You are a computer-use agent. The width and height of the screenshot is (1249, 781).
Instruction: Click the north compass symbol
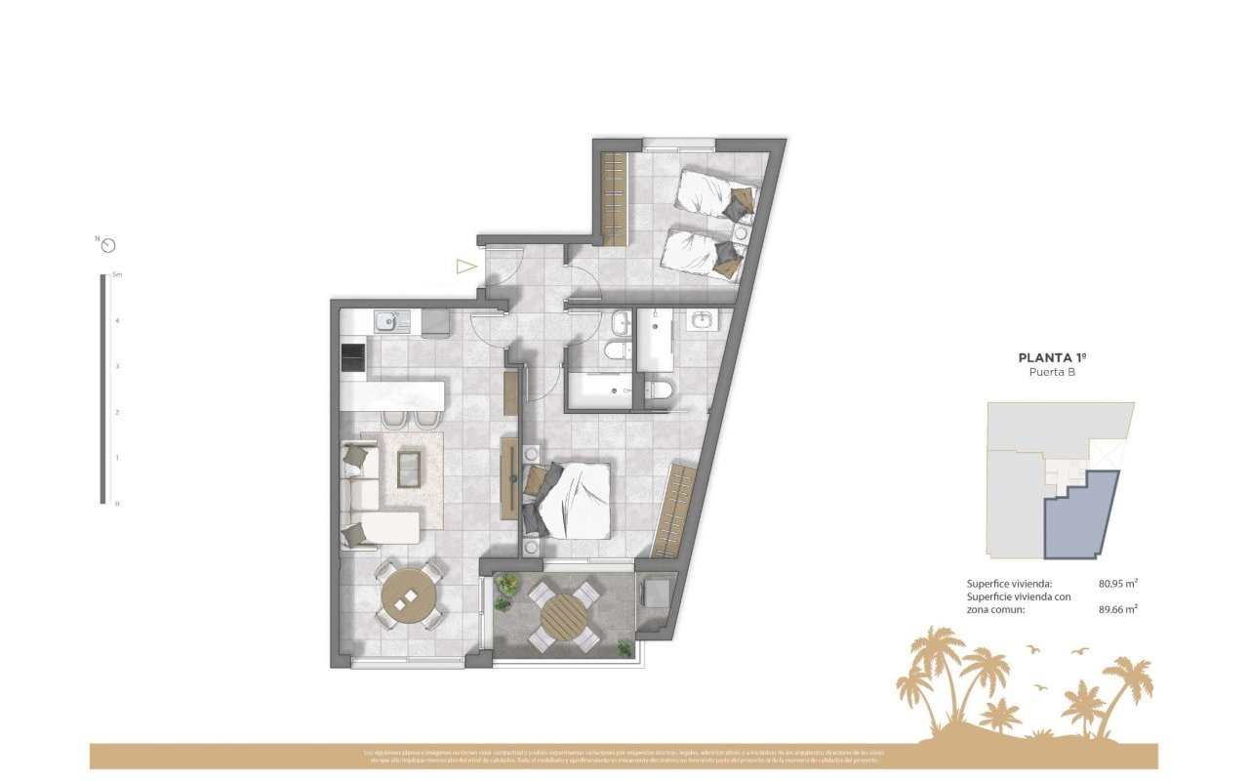[x=108, y=245]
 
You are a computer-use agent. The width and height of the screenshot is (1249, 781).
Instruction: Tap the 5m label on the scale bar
[x=117, y=275]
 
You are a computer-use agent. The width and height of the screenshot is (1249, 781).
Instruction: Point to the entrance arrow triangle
[x=465, y=266]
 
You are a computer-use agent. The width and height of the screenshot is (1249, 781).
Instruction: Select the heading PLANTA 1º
[x=1052, y=358]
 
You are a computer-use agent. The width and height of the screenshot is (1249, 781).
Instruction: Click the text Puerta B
[x=1052, y=373]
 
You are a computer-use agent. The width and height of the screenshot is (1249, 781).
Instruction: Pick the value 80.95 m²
[x=1118, y=584]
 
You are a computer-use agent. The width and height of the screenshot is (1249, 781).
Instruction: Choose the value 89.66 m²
[x=1118, y=608]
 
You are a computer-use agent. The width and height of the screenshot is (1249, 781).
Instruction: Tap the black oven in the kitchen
[x=351, y=357]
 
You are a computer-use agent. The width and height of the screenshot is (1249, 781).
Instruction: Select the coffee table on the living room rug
[x=410, y=469]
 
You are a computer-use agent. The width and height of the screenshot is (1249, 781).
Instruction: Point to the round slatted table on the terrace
[x=564, y=615]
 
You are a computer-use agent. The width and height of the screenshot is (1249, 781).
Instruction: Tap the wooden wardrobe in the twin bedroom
[x=614, y=199]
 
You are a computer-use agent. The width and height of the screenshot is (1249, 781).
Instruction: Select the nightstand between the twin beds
[x=741, y=234]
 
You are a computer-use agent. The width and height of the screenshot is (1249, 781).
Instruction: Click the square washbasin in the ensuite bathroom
[x=704, y=319]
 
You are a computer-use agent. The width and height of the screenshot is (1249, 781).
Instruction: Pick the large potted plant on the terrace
[x=506, y=586]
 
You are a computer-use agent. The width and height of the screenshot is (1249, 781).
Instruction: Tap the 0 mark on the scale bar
[x=117, y=504]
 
